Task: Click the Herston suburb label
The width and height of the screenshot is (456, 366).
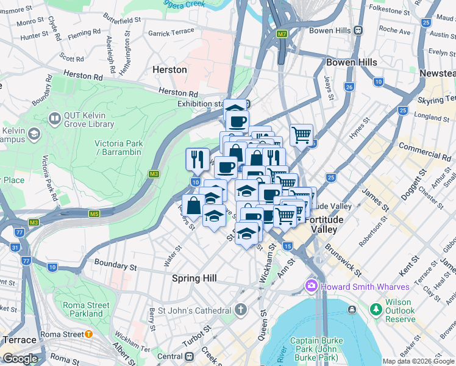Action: [169, 70]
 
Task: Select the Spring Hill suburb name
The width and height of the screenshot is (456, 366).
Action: [194, 278]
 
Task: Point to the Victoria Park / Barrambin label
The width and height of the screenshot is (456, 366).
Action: [119, 148]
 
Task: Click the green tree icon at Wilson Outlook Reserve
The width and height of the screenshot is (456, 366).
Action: [375, 310]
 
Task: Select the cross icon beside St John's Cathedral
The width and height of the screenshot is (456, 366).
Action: [241, 310]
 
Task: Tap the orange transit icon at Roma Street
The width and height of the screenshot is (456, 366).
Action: [88, 334]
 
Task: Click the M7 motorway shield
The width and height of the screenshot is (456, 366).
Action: [281, 34]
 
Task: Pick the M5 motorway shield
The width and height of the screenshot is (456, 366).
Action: [94, 213]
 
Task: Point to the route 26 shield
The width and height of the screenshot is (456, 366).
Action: [349, 87]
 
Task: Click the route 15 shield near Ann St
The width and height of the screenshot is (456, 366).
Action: [287, 245]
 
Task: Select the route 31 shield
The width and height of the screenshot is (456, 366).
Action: [15, 247]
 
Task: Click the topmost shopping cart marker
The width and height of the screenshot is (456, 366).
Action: [302, 134]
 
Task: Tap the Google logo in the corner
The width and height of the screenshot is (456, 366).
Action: [20, 359]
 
